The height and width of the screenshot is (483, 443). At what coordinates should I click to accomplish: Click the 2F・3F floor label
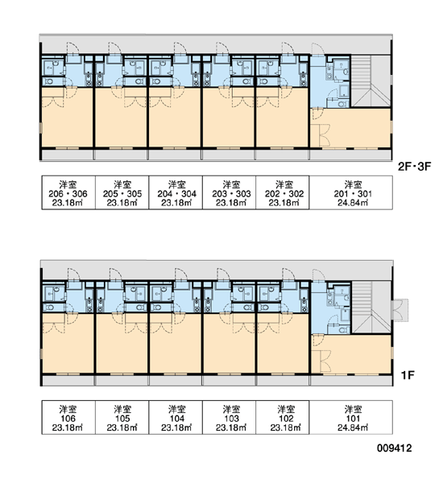pyautogui.click(x=414, y=167)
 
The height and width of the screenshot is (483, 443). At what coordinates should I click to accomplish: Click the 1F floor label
pyautogui.click(x=408, y=375)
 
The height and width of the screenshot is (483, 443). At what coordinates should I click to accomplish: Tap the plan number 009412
pyautogui.click(x=395, y=448)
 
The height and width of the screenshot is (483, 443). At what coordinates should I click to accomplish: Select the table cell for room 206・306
pyautogui.click(x=68, y=192)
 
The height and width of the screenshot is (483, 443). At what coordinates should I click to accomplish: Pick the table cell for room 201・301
pyautogui.click(x=351, y=192)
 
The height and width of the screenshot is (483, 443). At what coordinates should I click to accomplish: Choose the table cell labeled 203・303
pyautogui.click(x=229, y=192)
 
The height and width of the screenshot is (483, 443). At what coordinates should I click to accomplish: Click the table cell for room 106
pyautogui.click(x=68, y=417)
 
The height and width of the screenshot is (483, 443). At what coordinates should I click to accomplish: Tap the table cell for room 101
pyautogui.click(x=351, y=417)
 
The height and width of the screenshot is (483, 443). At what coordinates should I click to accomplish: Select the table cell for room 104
pyautogui.click(x=176, y=417)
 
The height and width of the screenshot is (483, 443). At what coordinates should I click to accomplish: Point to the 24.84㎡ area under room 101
pyautogui.click(x=353, y=427)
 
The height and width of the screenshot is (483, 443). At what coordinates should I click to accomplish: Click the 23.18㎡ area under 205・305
pyautogui.click(x=122, y=203)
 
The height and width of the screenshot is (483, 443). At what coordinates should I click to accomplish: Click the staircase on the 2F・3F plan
pyautogui.click(x=371, y=80)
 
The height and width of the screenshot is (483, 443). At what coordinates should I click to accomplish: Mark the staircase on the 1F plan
pyautogui.click(x=371, y=308)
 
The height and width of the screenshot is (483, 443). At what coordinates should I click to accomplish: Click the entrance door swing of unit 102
pyautogui.click(x=288, y=275)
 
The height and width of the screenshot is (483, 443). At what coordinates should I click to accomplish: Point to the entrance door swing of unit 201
pyautogui.click(x=317, y=49)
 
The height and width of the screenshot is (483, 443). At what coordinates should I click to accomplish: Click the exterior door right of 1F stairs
pyautogui.click(x=400, y=310)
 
